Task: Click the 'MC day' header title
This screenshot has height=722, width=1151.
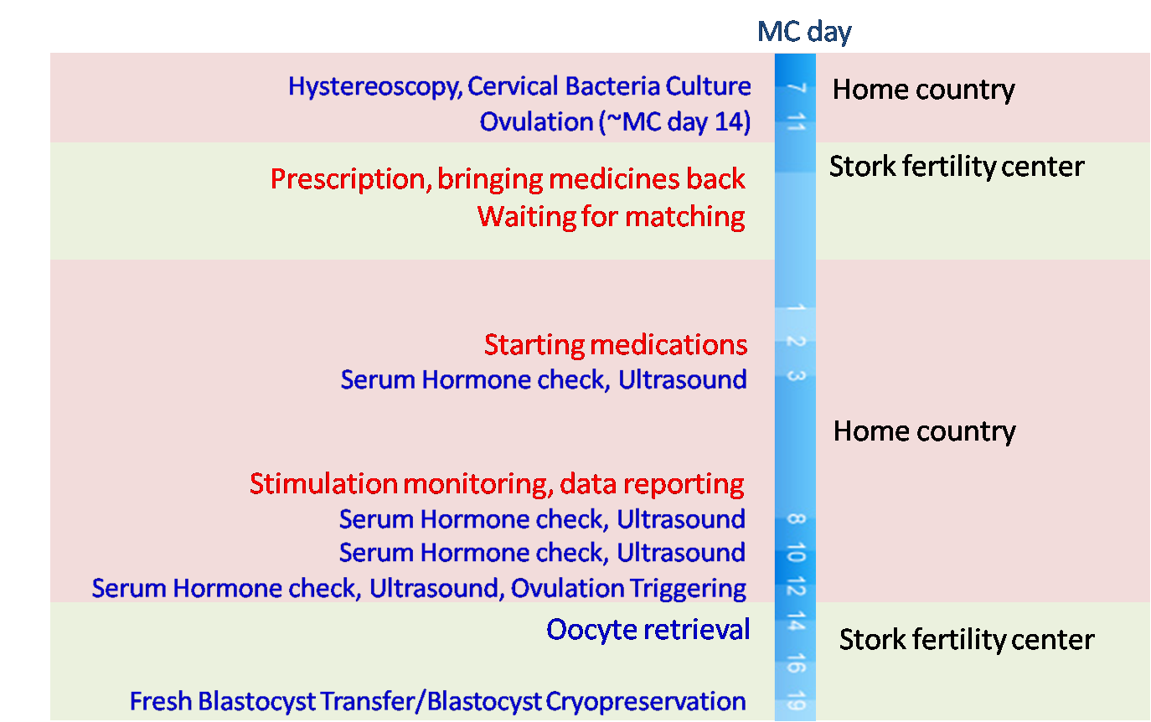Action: pos(803,32)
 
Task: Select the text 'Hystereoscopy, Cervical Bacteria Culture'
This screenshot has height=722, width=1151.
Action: pos(519,86)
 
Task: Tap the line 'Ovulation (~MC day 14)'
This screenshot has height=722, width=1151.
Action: pos(615,121)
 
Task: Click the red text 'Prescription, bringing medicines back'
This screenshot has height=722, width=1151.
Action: pos(508,178)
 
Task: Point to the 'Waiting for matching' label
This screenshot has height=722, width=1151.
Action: pos(611,216)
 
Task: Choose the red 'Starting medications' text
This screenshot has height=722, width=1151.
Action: pos(616,344)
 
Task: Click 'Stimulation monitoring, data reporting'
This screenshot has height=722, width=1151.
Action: pos(497,483)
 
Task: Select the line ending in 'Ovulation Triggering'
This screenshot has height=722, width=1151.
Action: pos(419,588)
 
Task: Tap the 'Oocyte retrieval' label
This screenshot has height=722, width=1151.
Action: pos(648,629)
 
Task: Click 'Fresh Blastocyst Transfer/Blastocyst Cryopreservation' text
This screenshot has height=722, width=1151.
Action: pos(437,701)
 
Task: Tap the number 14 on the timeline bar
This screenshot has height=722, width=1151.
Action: pos(796,623)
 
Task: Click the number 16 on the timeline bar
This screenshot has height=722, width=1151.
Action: pos(796,665)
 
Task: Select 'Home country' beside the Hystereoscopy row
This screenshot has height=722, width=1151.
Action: pos(923,89)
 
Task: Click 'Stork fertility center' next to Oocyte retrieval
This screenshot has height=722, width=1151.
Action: pos(966,640)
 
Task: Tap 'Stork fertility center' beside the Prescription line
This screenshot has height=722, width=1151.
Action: pos(956,166)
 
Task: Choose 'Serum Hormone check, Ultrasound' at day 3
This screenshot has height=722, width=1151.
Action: pos(543,379)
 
